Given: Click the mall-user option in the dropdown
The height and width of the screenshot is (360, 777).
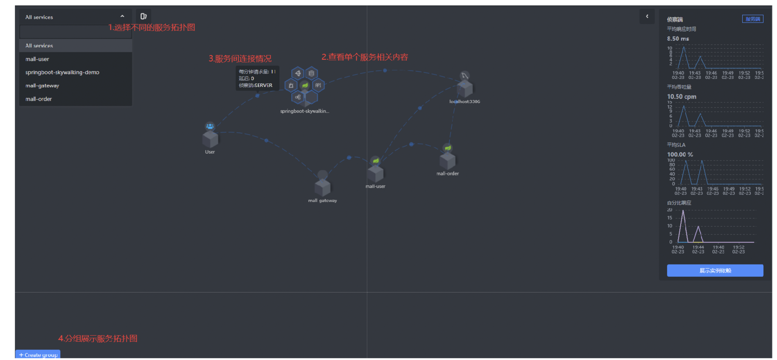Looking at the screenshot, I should click(x=37, y=59).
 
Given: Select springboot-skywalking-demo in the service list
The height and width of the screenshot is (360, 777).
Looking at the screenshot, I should click(x=62, y=72).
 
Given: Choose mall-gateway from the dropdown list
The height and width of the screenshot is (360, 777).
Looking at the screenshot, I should click(x=42, y=86).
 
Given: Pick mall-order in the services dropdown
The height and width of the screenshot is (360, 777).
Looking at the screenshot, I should click(x=39, y=99).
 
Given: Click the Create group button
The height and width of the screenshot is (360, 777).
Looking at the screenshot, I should click(x=38, y=354).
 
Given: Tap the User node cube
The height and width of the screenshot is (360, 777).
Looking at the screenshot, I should click(x=210, y=139).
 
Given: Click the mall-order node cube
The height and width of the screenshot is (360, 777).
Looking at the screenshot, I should click(x=448, y=161).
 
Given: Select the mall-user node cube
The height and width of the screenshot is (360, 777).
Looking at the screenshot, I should click(x=375, y=174).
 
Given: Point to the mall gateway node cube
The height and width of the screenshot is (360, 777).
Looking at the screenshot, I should click(x=323, y=187).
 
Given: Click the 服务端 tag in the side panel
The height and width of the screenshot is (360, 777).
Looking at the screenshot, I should click(x=752, y=19).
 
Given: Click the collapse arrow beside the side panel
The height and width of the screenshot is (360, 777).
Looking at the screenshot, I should click(x=647, y=17).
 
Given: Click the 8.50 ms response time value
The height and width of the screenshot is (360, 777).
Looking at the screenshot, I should click(x=678, y=39).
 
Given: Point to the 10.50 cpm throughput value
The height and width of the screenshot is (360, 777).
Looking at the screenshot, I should click(x=681, y=97).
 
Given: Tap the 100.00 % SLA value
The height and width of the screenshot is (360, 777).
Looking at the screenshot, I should click(x=680, y=155).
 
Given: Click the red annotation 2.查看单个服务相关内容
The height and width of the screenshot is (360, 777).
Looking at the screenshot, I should click(x=364, y=57).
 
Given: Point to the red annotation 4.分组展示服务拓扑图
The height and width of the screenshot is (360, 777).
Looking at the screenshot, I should click(x=98, y=338).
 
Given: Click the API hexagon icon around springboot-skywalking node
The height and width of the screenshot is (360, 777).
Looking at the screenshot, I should click(x=318, y=85).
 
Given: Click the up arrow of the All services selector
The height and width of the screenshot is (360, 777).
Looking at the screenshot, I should click(x=122, y=17).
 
